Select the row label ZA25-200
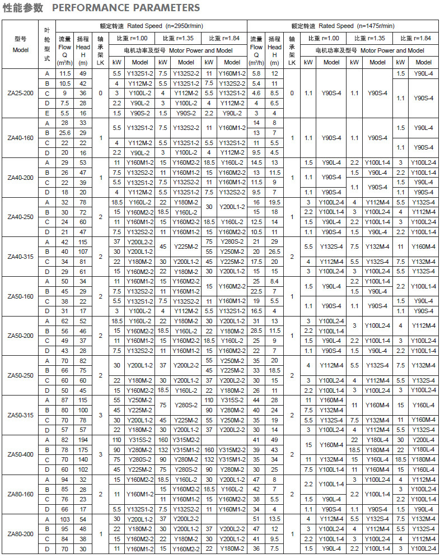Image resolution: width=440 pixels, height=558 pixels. click(21, 93)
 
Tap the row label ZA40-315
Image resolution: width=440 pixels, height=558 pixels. click(21, 256)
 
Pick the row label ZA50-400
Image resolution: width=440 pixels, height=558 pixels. click(21, 454)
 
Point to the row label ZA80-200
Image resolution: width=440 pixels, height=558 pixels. click(21, 534)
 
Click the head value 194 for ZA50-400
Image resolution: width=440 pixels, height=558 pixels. click(83, 440)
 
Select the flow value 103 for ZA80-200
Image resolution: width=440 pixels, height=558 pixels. click(65, 519)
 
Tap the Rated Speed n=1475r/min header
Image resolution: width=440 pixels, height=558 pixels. click(343, 26)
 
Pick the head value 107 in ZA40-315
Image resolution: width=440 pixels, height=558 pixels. click(83, 252)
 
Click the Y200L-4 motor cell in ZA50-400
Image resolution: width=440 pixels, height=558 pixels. click(424, 440)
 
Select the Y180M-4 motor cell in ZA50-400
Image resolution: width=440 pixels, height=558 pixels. click(424, 459)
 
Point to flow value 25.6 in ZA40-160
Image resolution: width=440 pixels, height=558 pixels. click(65, 133)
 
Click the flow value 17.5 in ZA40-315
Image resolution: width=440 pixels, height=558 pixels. click(256, 261)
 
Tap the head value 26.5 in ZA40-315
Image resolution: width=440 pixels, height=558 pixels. click(274, 252)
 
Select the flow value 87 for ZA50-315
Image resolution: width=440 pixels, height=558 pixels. click(65, 400)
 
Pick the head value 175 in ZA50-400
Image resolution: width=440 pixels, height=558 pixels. click(83, 449)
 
